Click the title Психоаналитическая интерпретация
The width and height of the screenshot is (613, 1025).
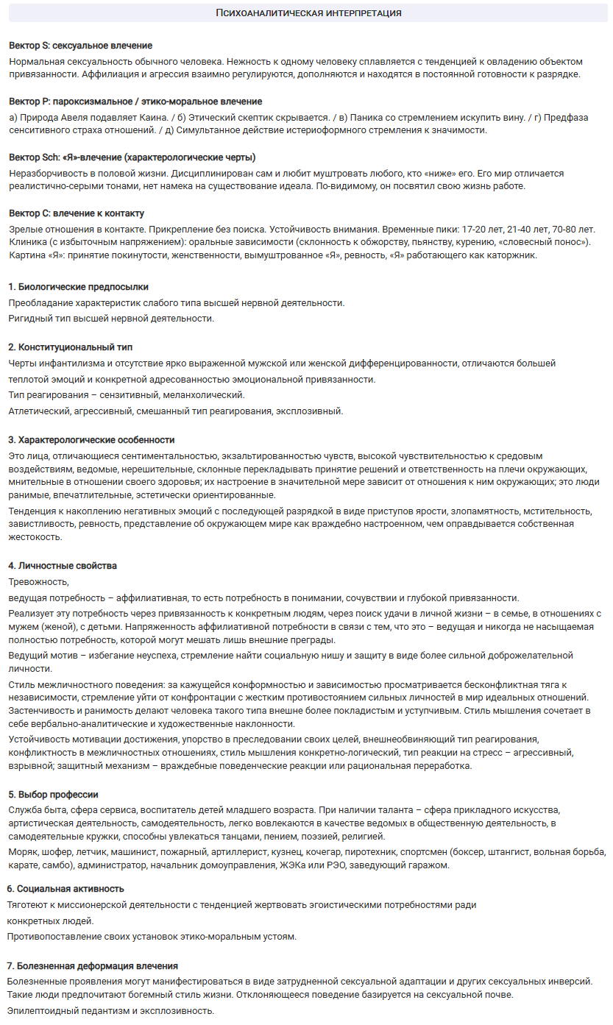308,13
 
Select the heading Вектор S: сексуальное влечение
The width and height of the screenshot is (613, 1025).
80,46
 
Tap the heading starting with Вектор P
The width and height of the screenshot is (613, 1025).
135,102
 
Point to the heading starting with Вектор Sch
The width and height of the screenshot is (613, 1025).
132,157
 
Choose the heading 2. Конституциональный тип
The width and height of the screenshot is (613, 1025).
71,347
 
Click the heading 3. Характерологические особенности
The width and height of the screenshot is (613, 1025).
91,440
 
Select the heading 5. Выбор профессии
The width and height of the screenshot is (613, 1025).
53,795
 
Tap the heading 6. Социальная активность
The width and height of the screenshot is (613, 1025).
65,889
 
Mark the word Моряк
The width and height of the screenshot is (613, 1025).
24,851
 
